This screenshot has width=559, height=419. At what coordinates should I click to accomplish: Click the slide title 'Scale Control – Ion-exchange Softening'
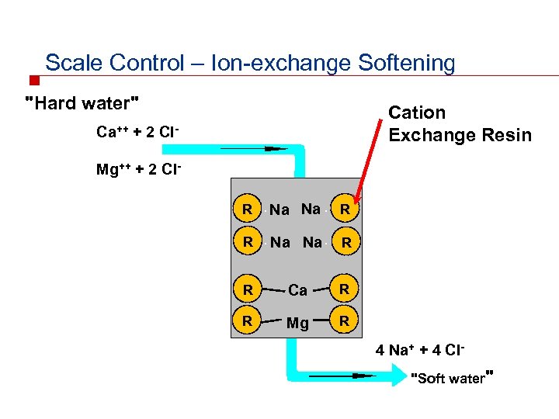pos(250,63)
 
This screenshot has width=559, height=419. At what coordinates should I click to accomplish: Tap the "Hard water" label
pos(83,102)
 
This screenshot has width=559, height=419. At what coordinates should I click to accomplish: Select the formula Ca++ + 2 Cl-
pos(138,132)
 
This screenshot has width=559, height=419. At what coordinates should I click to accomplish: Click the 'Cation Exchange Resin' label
pos(460,124)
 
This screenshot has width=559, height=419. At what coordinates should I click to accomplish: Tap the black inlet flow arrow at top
pos(252,148)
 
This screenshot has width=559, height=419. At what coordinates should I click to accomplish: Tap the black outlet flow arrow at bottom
pos(342,376)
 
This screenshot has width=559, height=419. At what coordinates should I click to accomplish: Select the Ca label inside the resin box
pos(297,290)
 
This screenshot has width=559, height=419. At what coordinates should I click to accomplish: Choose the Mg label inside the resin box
pos(297,323)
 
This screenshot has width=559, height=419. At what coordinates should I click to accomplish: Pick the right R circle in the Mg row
pos(346,320)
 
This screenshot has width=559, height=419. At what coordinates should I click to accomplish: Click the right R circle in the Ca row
pos(346,289)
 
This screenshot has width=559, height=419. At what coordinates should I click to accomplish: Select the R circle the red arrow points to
pos(346,209)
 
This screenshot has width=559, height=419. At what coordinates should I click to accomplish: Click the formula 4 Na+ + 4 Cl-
pos(420,350)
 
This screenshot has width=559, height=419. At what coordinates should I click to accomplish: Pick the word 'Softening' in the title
pos(407,63)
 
